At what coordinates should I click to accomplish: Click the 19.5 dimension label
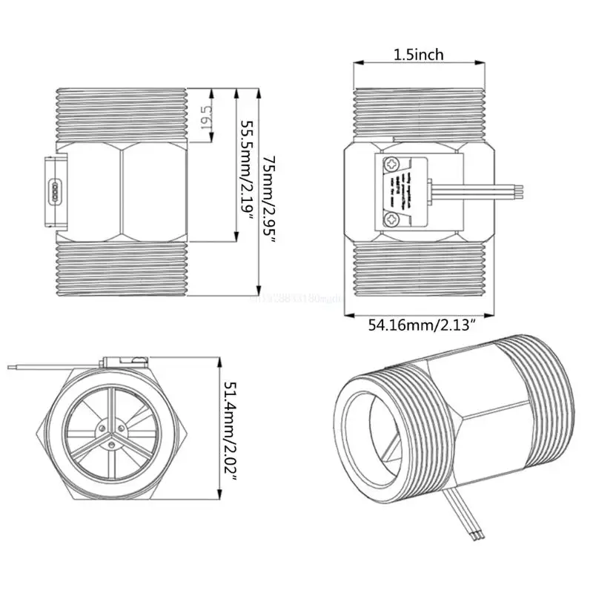click(206, 116)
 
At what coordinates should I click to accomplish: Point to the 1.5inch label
click(418, 54)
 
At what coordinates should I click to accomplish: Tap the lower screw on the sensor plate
click(391, 218)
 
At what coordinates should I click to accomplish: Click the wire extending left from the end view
click(44, 367)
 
